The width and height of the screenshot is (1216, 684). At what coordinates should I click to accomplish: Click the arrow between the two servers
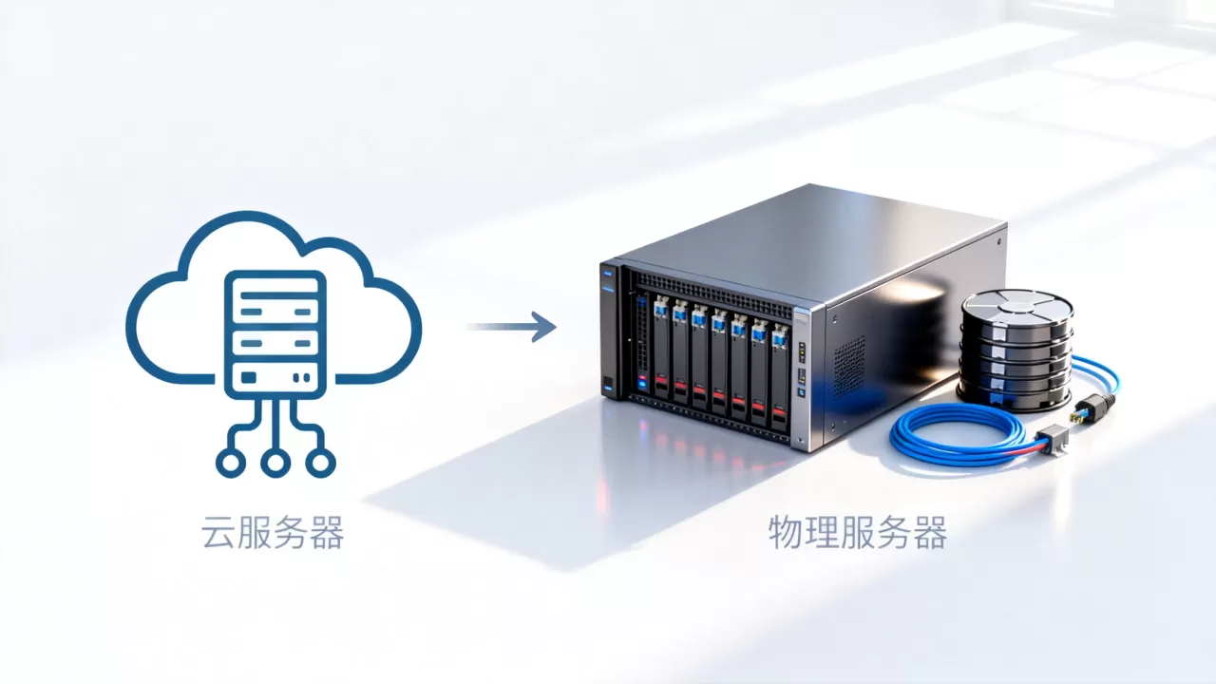512,327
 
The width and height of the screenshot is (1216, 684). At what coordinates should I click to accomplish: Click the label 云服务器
273,533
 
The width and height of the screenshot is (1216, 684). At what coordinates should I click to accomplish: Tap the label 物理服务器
858,533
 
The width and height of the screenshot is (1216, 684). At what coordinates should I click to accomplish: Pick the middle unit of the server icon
275,344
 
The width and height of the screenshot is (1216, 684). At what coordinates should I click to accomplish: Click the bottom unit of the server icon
275,377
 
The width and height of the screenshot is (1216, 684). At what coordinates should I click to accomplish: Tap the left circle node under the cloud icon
231,463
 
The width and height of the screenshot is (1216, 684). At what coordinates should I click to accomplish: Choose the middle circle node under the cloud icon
275,463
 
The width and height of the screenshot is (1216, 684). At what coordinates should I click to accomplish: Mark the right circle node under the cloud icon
320,463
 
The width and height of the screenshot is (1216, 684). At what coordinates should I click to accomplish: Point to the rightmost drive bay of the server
780,376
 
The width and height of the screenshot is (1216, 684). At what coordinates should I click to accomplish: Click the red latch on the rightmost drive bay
779,411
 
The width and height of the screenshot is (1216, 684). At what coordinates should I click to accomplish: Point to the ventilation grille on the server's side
849,367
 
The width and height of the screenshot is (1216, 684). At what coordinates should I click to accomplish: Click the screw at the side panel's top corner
999,239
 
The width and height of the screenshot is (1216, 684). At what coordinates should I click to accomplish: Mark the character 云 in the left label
218,533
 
